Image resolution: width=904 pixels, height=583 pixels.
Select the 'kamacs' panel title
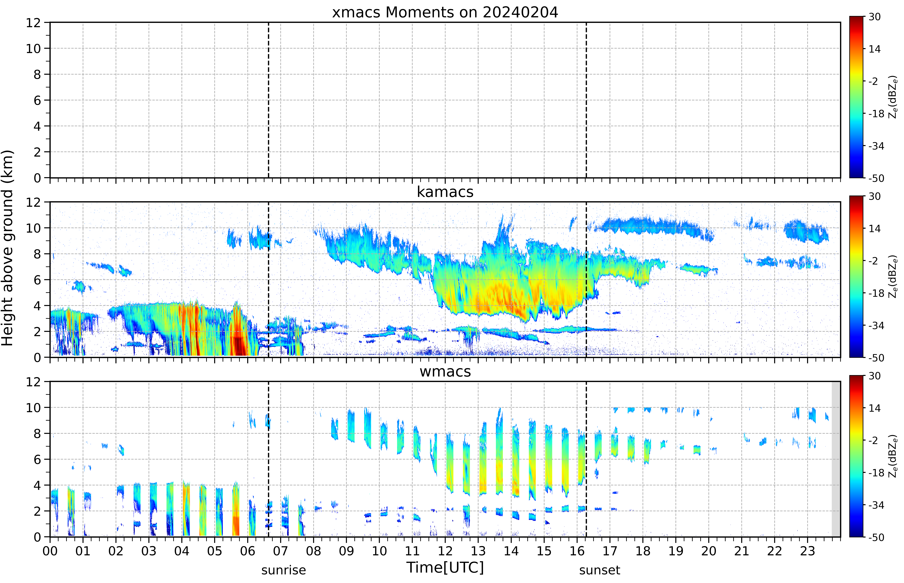[x=445, y=192]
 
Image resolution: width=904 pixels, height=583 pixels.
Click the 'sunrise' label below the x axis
[x=284, y=570]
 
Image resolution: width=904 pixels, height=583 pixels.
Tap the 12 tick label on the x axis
[x=445, y=551]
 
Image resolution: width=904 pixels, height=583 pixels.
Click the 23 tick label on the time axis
[x=807, y=551]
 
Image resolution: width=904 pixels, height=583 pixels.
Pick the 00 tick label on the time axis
[x=50, y=551]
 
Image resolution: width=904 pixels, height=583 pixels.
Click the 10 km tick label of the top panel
[x=33, y=48]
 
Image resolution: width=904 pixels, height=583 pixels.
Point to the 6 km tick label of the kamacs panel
[x=37, y=280]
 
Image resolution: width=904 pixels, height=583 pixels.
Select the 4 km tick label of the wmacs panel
[x=37, y=485]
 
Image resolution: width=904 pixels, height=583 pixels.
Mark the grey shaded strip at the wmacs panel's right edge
[x=836, y=459]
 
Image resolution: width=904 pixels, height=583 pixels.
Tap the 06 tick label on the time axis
[x=248, y=551]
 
